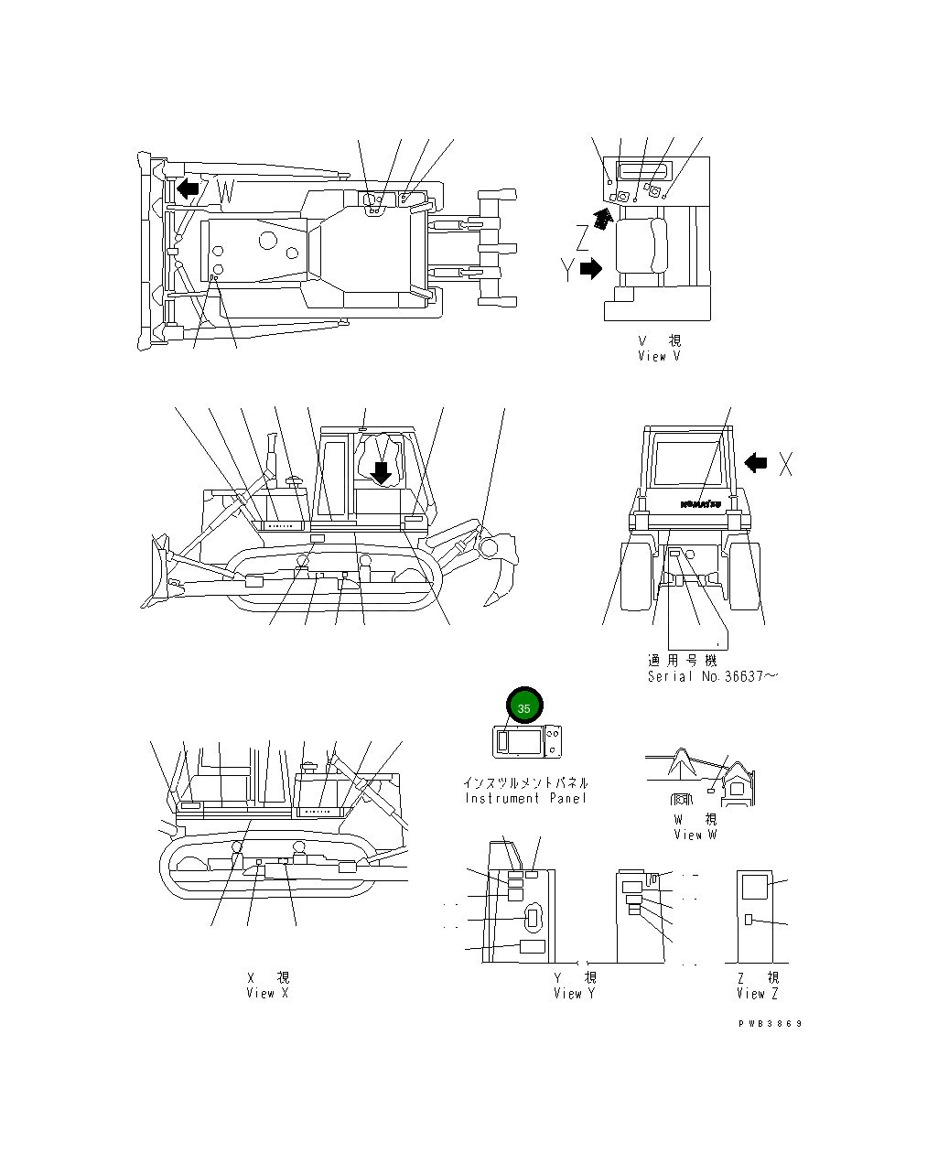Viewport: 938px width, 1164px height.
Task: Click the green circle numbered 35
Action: pos(524,707)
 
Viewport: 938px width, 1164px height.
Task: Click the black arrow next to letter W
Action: pos(188,189)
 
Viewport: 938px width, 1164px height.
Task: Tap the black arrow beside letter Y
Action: pos(591,268)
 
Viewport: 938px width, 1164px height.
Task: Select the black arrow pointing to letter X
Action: pos(756,463)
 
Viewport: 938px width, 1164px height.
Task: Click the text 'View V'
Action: pos(659,356)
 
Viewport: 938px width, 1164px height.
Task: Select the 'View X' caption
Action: pos(267,993)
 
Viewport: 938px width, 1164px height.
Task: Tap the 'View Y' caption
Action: pos(575,993)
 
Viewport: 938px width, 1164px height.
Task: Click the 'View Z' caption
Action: pos(758,993)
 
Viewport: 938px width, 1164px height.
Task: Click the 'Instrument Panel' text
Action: pos(525,798)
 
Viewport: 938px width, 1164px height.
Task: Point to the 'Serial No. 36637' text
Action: pos(712,676)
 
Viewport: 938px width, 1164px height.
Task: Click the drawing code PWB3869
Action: pos(770,1024)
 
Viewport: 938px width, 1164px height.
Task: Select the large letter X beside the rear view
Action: pos(785,464)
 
